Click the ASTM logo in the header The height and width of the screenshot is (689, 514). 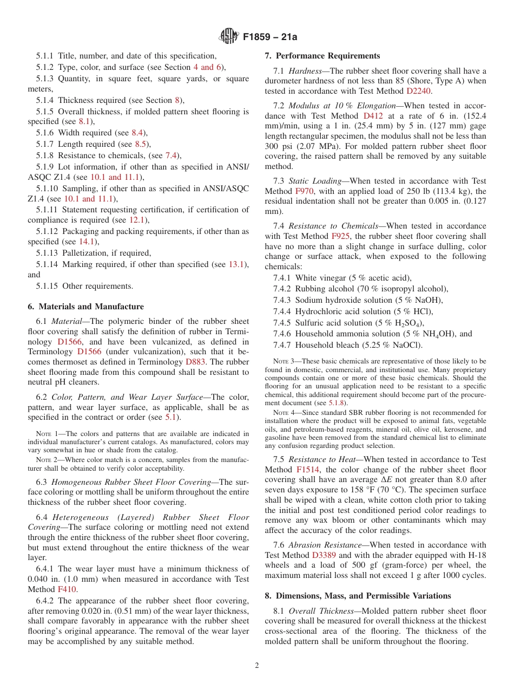point(228,37)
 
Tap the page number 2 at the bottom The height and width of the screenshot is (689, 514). point(257,666)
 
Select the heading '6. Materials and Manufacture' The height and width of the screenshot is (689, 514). point(85,307)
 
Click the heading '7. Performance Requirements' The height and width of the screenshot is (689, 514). point(322,56)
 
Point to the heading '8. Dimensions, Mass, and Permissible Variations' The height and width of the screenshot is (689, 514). point(358,596)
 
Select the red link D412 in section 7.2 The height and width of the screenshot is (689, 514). point(373,116)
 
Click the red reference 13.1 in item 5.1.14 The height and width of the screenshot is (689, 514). point(237,264)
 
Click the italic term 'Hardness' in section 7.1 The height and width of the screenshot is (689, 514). point(305,71)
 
